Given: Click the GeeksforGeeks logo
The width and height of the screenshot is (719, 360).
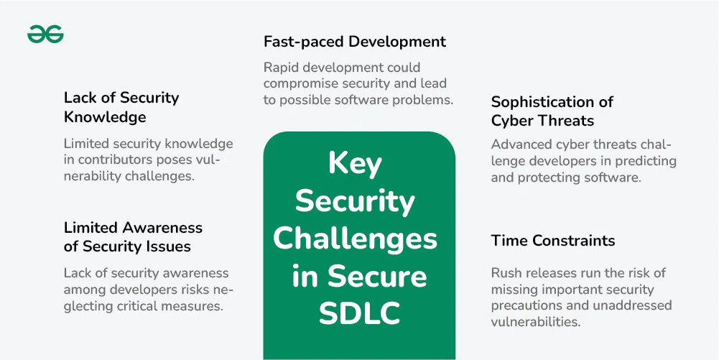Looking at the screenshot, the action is tap(45, 34).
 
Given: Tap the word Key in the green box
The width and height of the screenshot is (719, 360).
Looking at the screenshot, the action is tap(355, 164).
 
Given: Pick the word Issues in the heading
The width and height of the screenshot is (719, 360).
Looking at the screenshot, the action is tap(168, 246).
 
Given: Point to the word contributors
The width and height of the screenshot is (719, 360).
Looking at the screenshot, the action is tap(121, 161).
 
